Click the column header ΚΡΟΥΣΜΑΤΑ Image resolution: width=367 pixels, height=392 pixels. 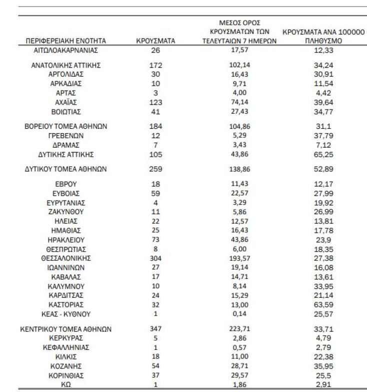155,41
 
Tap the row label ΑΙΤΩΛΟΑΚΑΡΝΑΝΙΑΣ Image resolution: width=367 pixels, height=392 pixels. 66,50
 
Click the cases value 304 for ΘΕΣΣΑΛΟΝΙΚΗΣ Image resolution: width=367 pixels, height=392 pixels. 155,258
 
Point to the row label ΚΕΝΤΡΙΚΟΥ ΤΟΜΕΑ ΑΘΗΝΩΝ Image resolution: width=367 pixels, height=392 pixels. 66,329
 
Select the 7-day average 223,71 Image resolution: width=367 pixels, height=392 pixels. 240,329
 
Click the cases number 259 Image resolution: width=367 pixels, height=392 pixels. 155,169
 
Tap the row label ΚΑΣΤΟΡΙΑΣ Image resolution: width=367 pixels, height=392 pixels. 66,304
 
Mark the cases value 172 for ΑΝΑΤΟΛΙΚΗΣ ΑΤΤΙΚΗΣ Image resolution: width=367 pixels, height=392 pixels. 155,65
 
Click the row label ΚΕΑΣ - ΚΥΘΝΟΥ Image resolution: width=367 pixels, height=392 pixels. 66,314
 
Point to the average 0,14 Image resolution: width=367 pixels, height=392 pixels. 240,314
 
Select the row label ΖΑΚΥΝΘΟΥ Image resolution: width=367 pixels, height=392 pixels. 66,212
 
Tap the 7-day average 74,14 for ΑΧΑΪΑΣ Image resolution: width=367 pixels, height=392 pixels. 240,102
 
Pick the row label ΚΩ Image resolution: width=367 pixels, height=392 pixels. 66,385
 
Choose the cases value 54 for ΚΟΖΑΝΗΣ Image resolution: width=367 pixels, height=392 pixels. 155,366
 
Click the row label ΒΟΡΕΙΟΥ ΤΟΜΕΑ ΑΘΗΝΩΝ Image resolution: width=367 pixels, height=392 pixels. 66,126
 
